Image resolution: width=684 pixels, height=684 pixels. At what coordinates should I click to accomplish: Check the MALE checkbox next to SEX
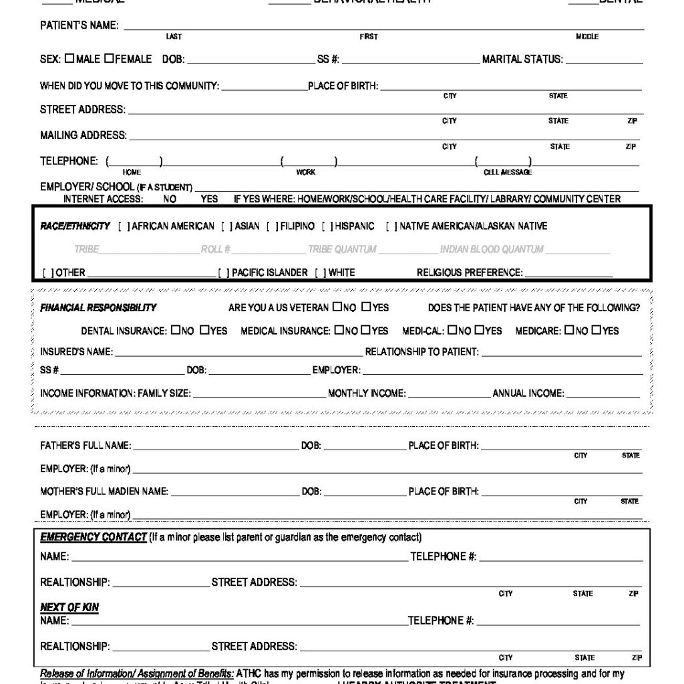pyautogui.click(x=69, y=59)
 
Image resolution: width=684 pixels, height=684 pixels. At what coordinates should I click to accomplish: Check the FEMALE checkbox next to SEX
pyautogui.click(x=108, y=59)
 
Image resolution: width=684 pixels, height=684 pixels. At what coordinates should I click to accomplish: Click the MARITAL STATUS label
pyautogui.click(x=522, y=59)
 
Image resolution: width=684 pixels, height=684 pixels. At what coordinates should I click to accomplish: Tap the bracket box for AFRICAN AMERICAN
pyautogui.click(x=124, y=226)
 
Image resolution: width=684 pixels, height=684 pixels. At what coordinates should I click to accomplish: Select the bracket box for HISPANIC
pyautogui.click(x=327, y=226)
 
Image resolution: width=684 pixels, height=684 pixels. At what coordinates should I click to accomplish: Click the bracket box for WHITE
pyautogui.click(x=320, y=273)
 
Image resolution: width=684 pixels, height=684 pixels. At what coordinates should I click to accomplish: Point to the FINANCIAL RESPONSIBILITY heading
pyautogui.click(x=98, y=308)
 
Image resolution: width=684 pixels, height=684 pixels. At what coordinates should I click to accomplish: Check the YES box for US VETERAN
pyautogui.click(x=366, y=307)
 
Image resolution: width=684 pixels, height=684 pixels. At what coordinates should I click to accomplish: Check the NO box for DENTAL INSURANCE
pyautogui.click(x=175, y=330)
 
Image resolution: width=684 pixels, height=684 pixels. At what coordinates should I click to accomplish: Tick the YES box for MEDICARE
pyautogui.click(x=596, y=330)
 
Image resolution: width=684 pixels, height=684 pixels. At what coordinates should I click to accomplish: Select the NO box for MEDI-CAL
pyautogui.click(x=452, y=330)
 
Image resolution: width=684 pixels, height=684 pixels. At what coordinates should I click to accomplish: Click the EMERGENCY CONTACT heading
pyautogui.click(x=93, y=538)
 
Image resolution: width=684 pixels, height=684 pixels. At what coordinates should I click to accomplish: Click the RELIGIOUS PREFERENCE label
pyautogui.click(x=469, y=273)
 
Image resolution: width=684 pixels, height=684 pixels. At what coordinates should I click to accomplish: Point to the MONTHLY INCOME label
pyautogui.click(x=366, y=393)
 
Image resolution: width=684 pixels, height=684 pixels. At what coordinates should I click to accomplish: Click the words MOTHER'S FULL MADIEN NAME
pyautogui.click(x=104, y=492)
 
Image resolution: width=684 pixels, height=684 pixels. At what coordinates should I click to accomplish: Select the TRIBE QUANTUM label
pyautogui.click(x=342, y=250)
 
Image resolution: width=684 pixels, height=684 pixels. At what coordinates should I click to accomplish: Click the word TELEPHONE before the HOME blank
pyautogui.click(x=68, y=161)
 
